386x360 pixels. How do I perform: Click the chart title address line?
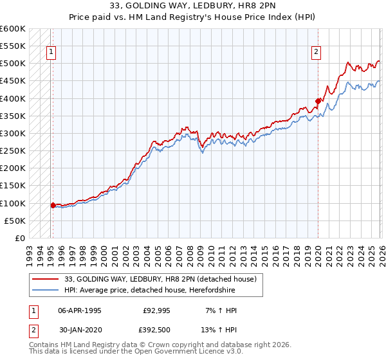pyautogui.click(x=193, y=7)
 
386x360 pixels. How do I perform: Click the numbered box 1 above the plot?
pyautogui.click(x=51, y=53)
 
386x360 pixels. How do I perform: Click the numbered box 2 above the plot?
pyautogui.click(x=317, y=53)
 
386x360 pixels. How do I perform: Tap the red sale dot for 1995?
pyautogui.click(x=53, y=206)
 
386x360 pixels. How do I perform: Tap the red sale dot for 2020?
pyautogui.click(x=318, y=100)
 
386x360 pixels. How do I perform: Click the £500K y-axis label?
pyautogui.click(x=13, y=64)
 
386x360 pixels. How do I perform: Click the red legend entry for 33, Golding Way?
pyautogui.click(x=160, y=279)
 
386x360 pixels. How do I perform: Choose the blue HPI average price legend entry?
pyautogui.click(x=154, y=290)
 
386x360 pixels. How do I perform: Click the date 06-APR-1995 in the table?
pyautogui.click(x=80, y=310)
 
